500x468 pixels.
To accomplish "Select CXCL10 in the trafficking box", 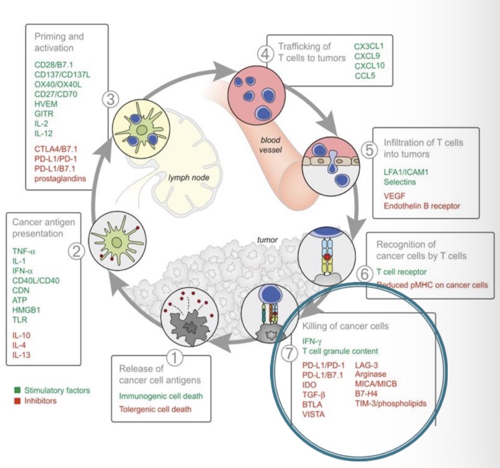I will coord(369,65).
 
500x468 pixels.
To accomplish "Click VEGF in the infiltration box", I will coord(394,196).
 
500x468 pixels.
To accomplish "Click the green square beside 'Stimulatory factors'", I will coord(15,390).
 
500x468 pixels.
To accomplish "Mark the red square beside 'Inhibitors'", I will coord(15,401).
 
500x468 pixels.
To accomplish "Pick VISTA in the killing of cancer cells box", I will coord(314,414).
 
